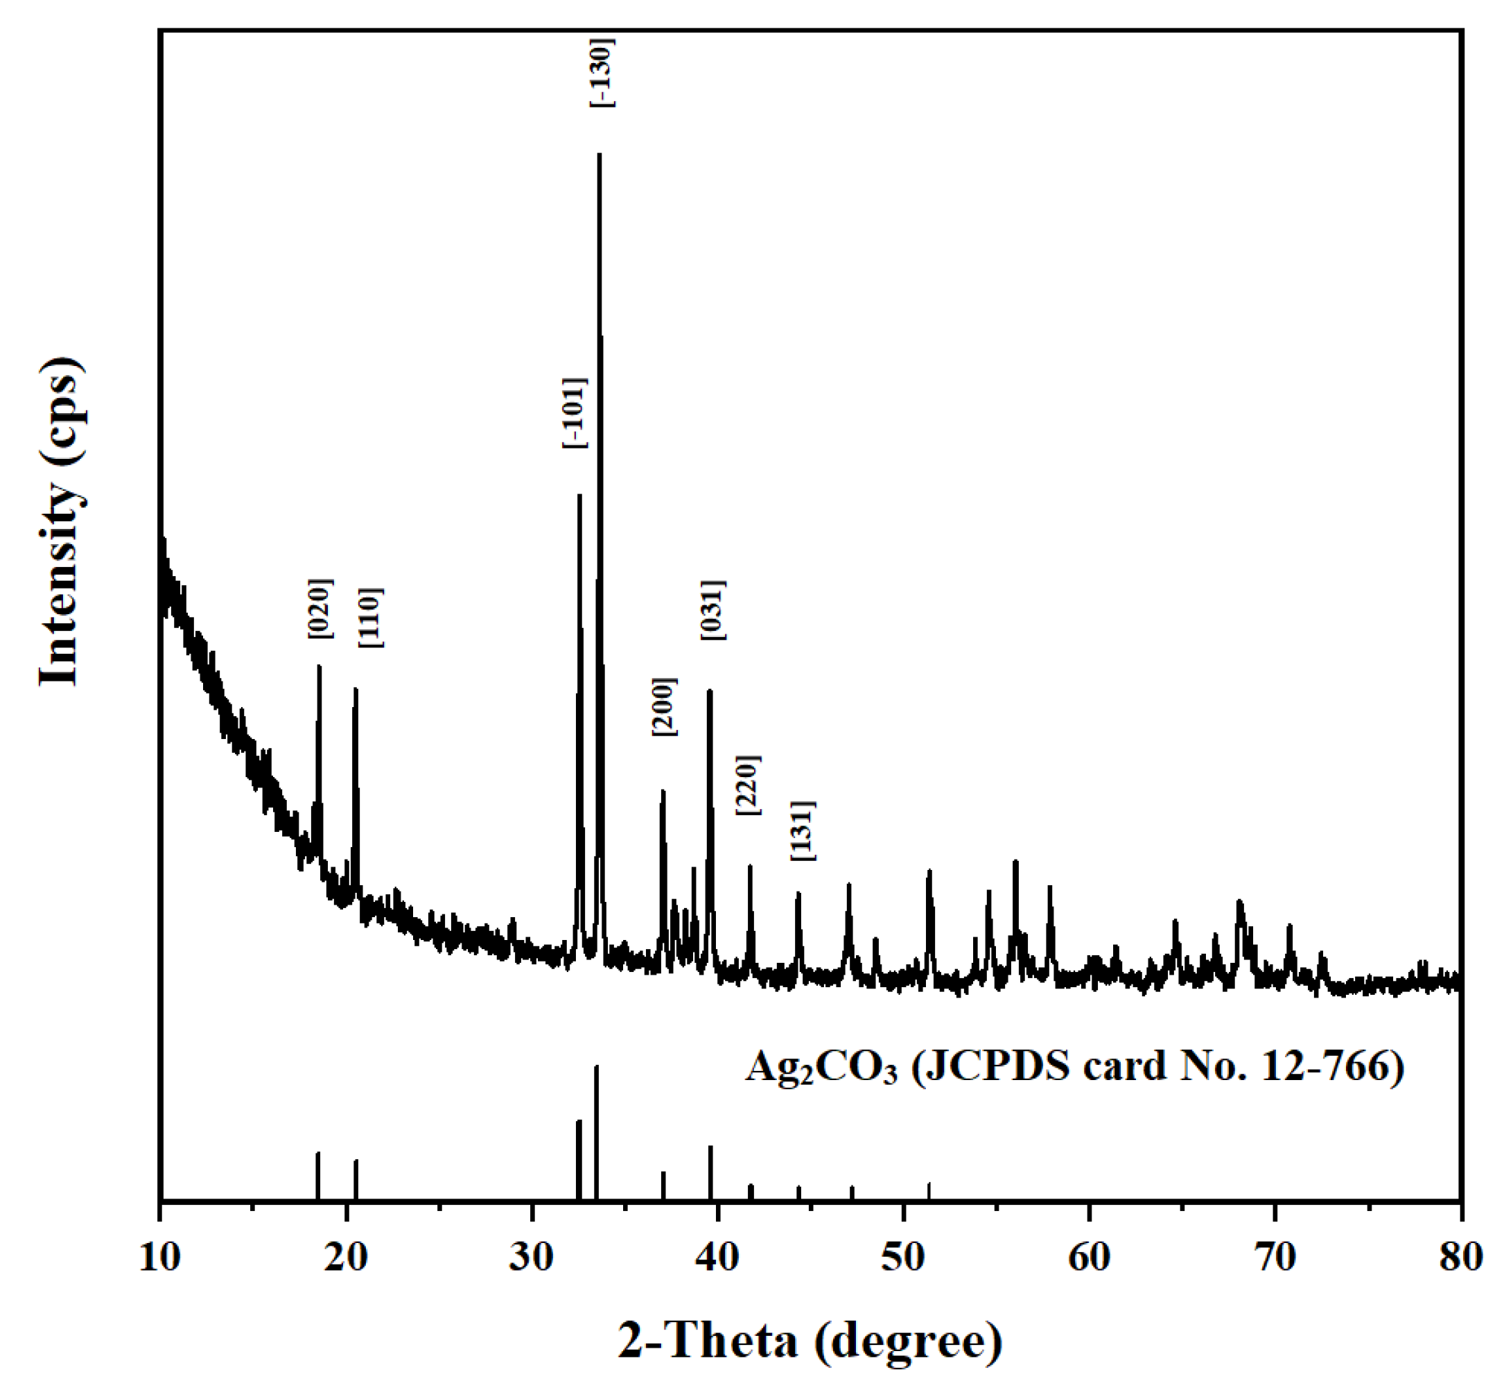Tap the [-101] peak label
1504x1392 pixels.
click(574, 412)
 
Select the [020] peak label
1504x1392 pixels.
click(320, 609)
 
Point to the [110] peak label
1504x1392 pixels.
click(371, 618)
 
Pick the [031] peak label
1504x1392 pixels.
click(713, 610)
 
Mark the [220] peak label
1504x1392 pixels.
click(749, 785)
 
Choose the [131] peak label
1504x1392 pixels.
click(803, 830)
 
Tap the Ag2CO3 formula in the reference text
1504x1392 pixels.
click(821, 1068)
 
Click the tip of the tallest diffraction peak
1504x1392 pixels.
click(599, 155)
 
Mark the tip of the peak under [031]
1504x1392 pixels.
click(710, 690)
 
